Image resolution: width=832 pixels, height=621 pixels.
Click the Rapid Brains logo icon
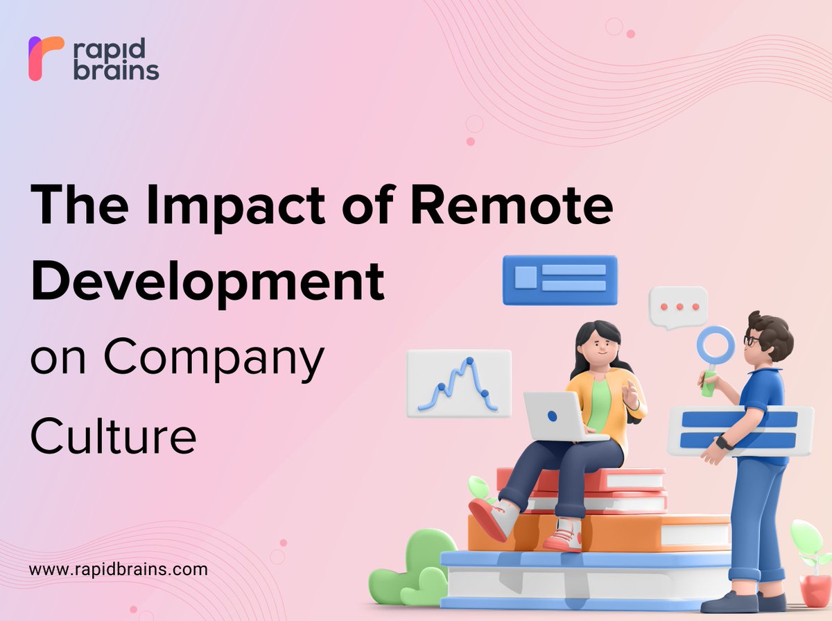[x=45, y=58]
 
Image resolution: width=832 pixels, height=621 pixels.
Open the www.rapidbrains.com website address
[x=118, y=570]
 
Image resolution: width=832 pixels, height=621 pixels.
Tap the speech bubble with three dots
[x=678, y=307]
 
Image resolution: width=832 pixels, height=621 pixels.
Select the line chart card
[x=458, y=383]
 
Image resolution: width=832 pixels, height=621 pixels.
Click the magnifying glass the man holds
[x=714, y=347]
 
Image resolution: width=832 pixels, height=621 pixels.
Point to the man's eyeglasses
[x=752, y=341]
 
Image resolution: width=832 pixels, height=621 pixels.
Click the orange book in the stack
[x=596, y=531]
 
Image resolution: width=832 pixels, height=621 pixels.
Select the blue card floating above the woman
[x=560, y=280]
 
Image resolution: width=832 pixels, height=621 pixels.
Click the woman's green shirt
[x=598, y=406]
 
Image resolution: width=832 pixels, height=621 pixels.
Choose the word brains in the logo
[x=116, y=71]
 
